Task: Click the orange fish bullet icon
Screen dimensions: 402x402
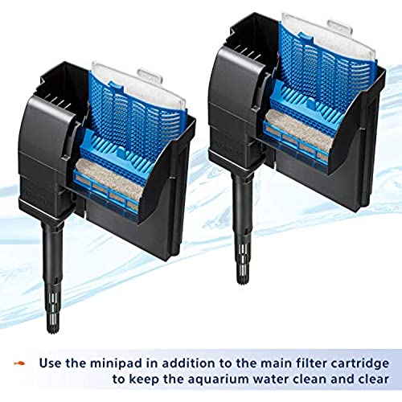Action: point(19,363)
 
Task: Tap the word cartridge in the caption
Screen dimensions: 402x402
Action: point(359,363)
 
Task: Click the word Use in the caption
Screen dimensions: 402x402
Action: point(51,363)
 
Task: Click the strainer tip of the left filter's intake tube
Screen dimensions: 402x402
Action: point(53,313)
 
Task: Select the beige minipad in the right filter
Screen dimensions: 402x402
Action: point(300,131)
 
